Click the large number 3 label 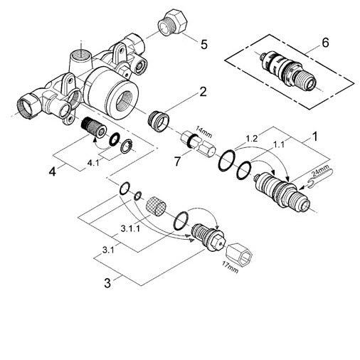[x=107, y=282]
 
